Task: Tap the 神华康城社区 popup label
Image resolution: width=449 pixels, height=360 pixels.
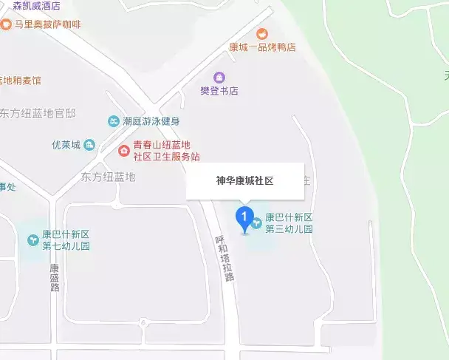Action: click(244, 180)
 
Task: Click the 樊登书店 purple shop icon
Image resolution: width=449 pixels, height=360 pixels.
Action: click(219, 77)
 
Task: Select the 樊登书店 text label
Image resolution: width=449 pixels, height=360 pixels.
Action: click(219, 91)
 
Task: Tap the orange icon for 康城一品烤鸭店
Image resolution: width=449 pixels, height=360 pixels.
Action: click(262, 33)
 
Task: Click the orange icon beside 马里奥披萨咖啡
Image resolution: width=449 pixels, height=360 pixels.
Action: click(6, 24)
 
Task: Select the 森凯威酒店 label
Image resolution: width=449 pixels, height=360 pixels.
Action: click(32, 6)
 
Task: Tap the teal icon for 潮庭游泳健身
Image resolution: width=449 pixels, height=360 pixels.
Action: click(113, 120)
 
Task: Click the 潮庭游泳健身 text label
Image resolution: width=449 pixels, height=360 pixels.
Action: click(151, 120)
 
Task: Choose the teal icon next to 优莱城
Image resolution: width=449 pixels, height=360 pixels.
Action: click(89, 144)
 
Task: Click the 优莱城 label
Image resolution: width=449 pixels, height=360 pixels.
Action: click(65, 144)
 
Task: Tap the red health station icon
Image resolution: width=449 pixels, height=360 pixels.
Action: click(124, 152)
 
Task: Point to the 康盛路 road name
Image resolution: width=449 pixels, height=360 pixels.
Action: click(54, 278)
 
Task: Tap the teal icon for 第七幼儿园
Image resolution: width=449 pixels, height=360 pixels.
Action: click(33, 240)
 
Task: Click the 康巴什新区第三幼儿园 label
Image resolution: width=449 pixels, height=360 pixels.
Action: click(289, 223)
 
